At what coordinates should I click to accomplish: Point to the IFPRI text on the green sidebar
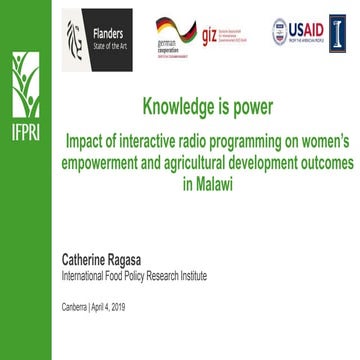pos(22,133)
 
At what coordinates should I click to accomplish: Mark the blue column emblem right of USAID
pos(337,32)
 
